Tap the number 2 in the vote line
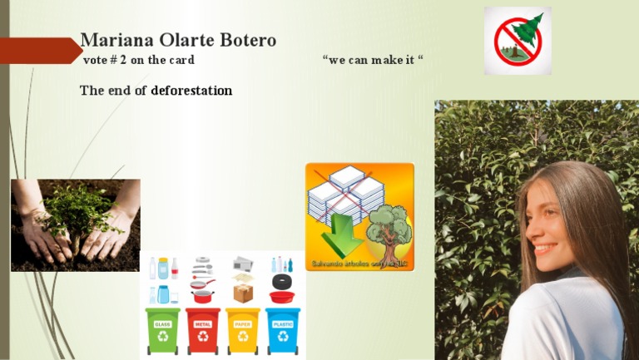[123, 60]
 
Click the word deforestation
[191, 90]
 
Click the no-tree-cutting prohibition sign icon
[518, 41]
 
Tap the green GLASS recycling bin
[162, 331]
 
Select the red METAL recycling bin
[202, 331]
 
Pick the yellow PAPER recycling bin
[243, 331]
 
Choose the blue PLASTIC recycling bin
[283, 331]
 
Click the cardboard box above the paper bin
[243, 293]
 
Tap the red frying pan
[202, 295]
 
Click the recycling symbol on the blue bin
[283, 337]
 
